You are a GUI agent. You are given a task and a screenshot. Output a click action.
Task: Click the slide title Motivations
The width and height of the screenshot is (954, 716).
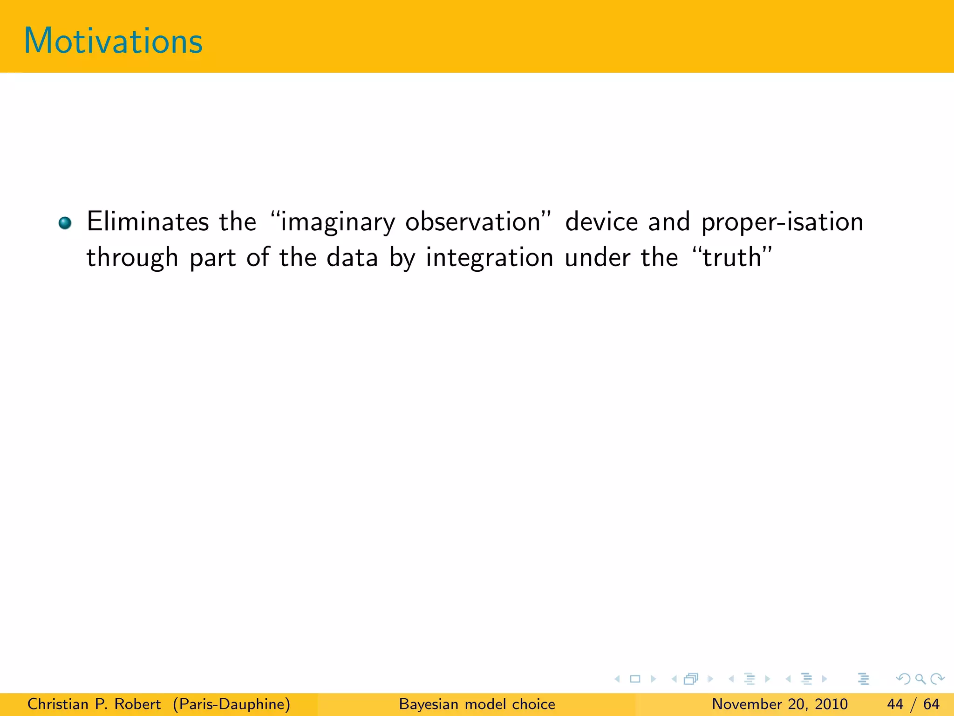pos(113,41)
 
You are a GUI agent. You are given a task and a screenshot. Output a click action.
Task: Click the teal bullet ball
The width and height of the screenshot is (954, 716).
pos(65,223)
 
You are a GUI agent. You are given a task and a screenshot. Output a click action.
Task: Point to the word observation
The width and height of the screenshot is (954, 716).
pos(472,221)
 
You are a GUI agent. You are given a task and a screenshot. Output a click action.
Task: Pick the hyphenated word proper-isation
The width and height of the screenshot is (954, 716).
pos(782,222)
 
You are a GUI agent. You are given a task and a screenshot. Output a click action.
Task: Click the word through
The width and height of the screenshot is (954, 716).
pos(132,258)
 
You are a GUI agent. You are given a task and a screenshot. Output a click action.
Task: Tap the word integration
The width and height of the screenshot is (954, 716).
pos(489,258)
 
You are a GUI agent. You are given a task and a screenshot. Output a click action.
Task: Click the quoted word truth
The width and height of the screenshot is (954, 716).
pos(732,257)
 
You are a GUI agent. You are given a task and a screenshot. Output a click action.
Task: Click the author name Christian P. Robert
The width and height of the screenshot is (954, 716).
pos(94,704)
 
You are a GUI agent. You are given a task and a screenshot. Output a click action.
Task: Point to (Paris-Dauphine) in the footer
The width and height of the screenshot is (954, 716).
pos(232,704)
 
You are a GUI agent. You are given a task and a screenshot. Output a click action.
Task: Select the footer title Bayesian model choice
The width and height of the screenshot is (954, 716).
pos(477,704)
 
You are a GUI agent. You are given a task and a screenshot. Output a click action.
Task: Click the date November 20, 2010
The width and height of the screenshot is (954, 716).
pos(779,704)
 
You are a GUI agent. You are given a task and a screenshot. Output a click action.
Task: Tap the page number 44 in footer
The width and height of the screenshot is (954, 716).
pos(895,704)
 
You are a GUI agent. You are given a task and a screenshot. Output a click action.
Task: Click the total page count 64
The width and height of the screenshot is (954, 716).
pos(931,704)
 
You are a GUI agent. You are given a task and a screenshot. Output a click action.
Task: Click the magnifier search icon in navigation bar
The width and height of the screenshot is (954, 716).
pos(920,679)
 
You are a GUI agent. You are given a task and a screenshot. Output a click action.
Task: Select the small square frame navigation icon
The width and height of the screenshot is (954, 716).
pos(635,679)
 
